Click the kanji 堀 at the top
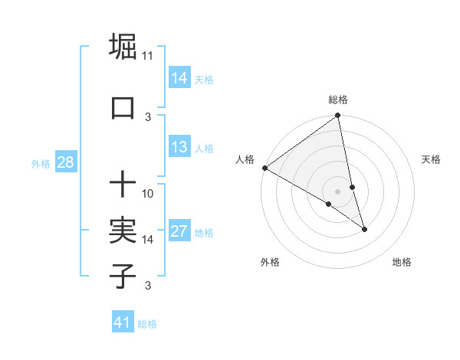123,47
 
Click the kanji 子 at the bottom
123,276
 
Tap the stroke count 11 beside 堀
148,56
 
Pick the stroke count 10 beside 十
148,193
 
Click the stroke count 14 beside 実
148,239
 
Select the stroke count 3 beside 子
148,286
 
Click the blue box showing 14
179,78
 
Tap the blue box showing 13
179,147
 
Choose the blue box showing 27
179,231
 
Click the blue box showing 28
64,162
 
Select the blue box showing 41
123,322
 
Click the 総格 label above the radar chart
338,100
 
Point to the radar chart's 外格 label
270,262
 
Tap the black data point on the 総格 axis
338,116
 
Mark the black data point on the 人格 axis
264,168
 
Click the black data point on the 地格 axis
364,229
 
